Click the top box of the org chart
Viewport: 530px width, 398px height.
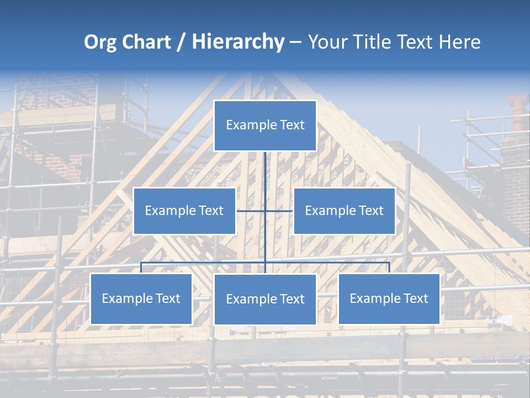265,125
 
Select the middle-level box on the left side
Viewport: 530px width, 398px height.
184,211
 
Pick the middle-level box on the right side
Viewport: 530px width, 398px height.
344,211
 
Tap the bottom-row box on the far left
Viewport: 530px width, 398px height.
141,298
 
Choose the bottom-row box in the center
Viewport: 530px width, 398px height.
265,299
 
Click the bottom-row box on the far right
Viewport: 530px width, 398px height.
389,298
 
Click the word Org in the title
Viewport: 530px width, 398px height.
100,42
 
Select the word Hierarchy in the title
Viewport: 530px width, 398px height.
238,42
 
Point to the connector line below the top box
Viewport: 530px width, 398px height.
265,169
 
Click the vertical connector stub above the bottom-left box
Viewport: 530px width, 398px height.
141,268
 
